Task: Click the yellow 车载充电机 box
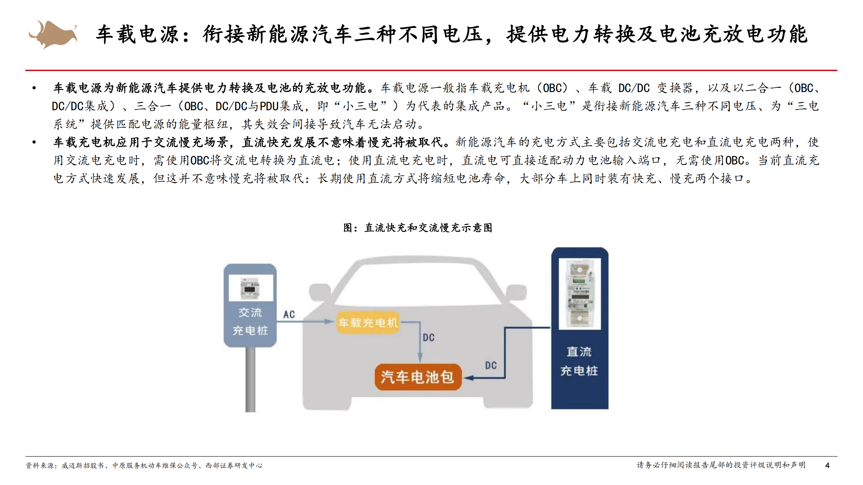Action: tap(368, 323)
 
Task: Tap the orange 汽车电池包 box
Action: tap(417, 377)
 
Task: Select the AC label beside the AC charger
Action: tap(289, 314)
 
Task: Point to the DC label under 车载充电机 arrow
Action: tap(428, 337)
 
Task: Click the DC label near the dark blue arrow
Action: tap(490, 365)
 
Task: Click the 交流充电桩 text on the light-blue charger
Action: tap(250, 321)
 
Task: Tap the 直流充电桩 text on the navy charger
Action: tap(579, 361)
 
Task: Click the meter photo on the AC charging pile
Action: tap(250, 288)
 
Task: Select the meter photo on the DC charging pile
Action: tap(579, 293)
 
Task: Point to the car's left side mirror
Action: tap(319, 292)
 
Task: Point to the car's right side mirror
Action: tap(516, 292)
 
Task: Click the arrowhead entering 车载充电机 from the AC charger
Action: tap(329, 322)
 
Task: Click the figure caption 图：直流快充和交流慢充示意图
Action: tap(417, 228)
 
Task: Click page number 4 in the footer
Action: tap(827, 465)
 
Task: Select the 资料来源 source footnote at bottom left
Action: tap(144, 465)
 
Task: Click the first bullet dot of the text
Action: tap(34, 88)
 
